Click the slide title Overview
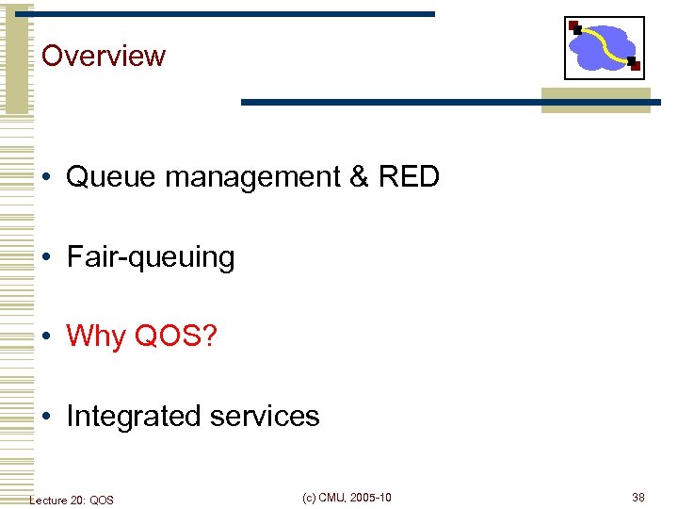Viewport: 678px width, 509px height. point(104,56)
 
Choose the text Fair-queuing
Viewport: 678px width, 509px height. point(151,257)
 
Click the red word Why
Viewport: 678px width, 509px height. point(96,337)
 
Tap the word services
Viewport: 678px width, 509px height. point(266,416)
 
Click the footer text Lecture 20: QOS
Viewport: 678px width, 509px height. point(72,500)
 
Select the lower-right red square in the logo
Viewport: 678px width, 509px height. point(635,66)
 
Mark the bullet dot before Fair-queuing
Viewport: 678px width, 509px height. point(47,257)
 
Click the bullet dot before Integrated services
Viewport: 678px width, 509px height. point(47,417)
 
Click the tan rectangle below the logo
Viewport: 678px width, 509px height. point(595,101)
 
